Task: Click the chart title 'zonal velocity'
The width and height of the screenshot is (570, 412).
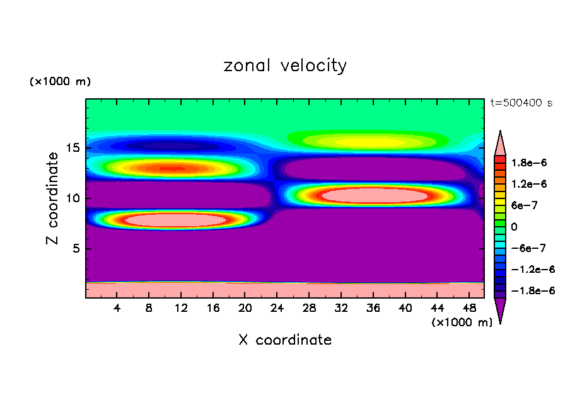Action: pyautogui.click(x=285, y=66)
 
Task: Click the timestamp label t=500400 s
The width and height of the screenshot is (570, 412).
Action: pyautogui.click(x=521, y=103)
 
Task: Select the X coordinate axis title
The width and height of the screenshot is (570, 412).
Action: pyautogui.click(x=285, y=340)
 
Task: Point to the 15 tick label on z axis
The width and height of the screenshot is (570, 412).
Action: pyautogui.click(x=73, y=148)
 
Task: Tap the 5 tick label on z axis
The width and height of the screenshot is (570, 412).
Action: pyautogui.click(x=76, y=248)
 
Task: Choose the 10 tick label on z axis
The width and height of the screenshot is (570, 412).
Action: pyautogui.click(x=73, y=198)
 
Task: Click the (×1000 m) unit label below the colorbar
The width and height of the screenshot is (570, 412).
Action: pyautogui.click(x=462, y=323)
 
